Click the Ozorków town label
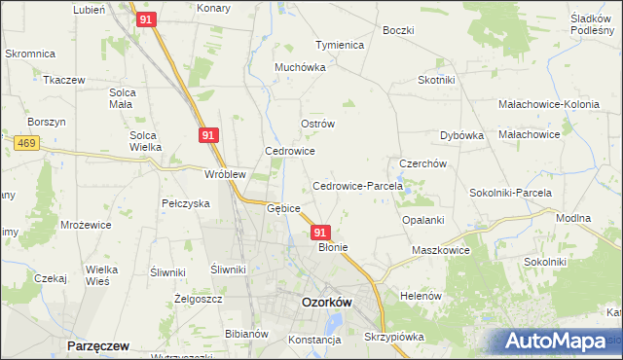click(326, 302)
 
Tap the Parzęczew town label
click(98, 345)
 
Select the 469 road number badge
click(26, 143)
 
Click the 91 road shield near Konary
click(145, 19)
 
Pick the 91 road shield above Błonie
click(320, 233)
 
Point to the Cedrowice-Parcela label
click(350, 186)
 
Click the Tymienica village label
click(339, 45)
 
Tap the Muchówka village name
click(298, 69)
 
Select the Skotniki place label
click(437, 81)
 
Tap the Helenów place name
click(421, 295)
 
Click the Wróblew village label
click(224, 174)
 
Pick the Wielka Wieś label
click(102, 273)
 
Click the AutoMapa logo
click(558, 342)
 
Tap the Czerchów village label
click(422, 163)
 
